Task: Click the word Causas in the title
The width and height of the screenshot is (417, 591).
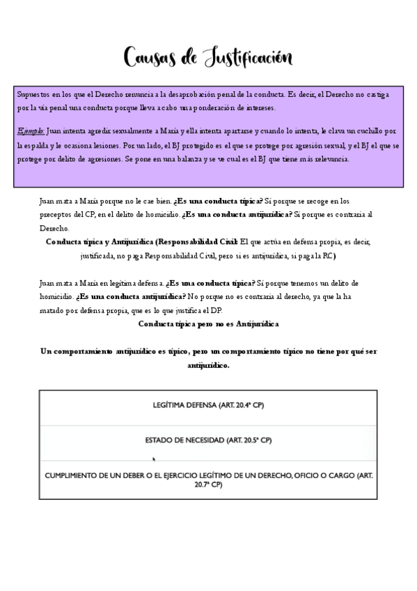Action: pyautogui.click(x=149, y=56)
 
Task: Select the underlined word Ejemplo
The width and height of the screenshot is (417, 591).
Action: pyautogui.click(x=31, y=130)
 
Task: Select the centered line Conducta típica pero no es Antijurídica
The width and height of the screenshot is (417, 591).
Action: pyautogui.click(x=208, y=323)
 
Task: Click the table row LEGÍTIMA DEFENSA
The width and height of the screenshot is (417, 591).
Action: pyautogui.click(x=208, y=405)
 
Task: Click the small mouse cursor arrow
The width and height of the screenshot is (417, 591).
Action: pyautogui.click(x=154, y=459)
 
